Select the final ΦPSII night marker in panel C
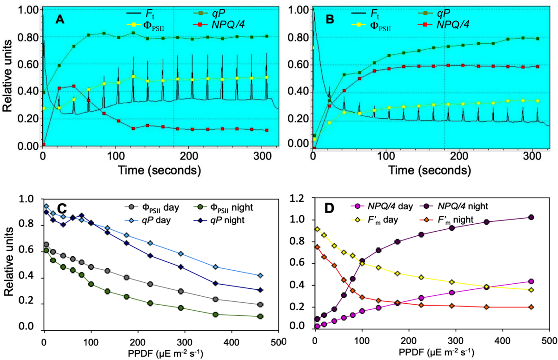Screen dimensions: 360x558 click(x=260, y=316)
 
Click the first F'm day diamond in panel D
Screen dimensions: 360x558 click(x=317, y=229)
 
